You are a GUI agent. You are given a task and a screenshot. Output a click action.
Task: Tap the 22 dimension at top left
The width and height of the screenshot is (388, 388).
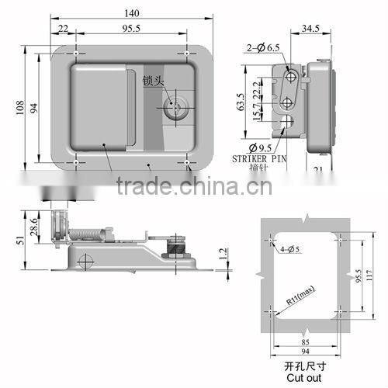click(63, 29)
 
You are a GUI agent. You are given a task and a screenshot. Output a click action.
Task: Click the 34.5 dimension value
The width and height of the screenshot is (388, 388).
click(310, 28)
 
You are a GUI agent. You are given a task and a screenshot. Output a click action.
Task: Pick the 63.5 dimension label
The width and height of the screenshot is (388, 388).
click(240, 102)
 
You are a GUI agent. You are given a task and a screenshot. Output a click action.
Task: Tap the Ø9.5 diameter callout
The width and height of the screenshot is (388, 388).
click(261, 147)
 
